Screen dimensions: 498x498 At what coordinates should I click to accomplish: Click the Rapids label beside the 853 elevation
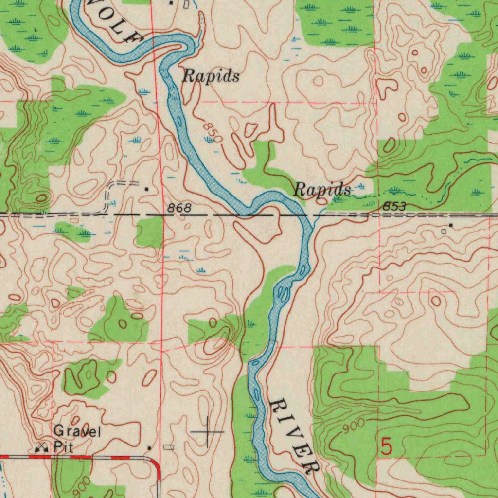[x=322, y=190]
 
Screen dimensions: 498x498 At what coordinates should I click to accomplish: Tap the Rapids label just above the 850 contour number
[x=211, y=76]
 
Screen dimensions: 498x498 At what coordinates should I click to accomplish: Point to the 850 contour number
[x=213, y=133]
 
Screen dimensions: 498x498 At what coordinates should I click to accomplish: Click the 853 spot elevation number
[x=394, y=207]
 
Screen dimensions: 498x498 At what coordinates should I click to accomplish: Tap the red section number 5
[x=386, y=447]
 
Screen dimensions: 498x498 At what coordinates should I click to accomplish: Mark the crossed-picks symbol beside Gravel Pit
[x=43, y=447]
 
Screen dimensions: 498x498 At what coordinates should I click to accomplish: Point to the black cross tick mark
[x=208, y=431]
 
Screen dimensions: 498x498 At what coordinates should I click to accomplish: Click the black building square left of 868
[x=147, y=188]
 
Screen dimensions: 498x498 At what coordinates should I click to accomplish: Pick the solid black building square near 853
[x=451, y=225]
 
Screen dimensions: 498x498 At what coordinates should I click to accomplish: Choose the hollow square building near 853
[x=444, y=232]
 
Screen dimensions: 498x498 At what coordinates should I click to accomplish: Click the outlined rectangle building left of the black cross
[x=168, y=447]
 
